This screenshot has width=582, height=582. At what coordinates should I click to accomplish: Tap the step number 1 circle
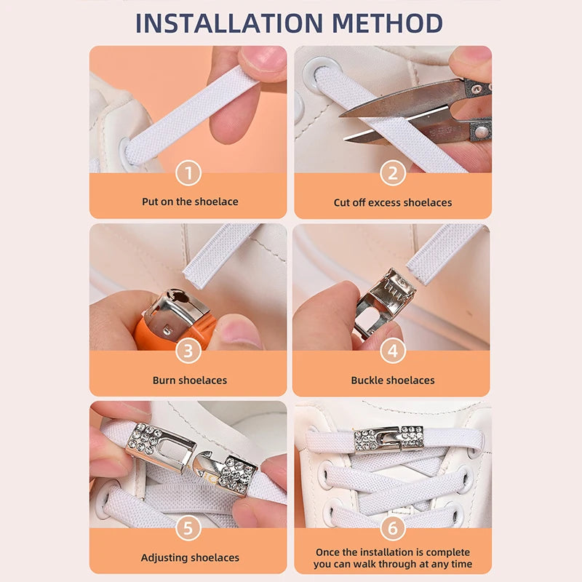click(188, 173)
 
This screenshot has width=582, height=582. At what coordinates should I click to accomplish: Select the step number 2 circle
click(393, 173)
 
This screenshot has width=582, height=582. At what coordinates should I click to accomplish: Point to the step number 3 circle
click(188, 351)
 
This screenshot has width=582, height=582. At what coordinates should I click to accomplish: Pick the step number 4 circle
click(393, 351)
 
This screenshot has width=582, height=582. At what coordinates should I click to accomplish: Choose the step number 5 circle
click(188, 528)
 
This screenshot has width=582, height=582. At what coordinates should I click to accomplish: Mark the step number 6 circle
click(393, 528)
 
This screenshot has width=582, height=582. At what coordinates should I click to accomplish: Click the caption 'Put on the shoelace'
click(190, 202)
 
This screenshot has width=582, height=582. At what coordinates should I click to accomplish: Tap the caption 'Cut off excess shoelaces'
click(393, 202)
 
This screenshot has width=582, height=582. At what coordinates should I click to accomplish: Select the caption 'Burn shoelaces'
click(190, 380)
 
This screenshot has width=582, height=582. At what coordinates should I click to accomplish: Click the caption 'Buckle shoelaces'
click(393, 380)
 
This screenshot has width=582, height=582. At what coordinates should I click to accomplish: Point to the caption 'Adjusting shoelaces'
click(190, 558)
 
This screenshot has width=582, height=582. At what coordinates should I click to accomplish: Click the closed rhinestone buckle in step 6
click(388, 439)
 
